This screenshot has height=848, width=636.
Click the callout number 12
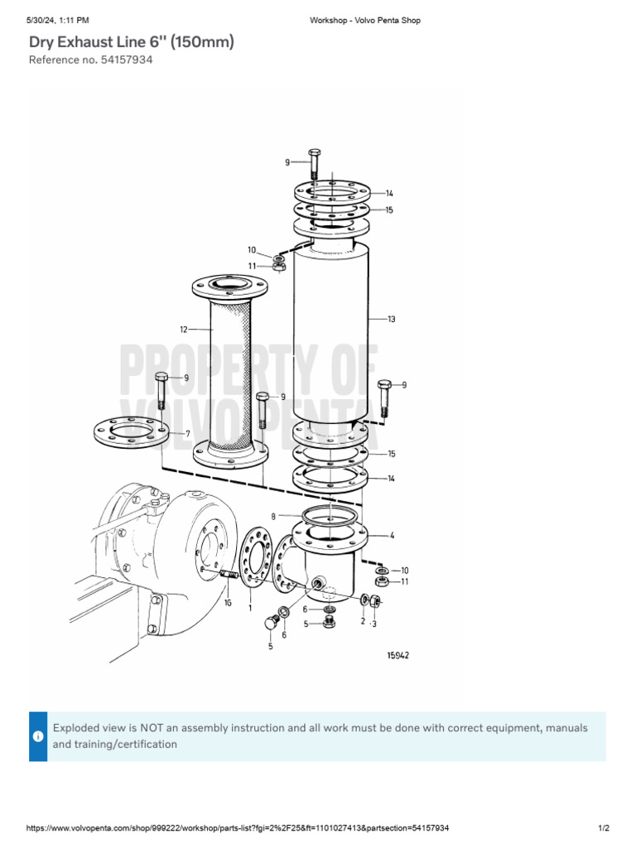pos(183,330)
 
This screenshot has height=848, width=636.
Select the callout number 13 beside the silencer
pos(392,319)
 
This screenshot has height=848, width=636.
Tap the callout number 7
pos(188,433)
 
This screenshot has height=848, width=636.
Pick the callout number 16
pos(228,604)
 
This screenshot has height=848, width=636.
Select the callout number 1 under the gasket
pos(250,607)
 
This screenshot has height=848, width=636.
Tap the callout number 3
pos(374,624)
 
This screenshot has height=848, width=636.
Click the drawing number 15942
pos(397,655)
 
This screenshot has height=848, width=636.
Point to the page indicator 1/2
pos(603,828)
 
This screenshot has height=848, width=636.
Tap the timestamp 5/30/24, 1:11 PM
pos(58,20)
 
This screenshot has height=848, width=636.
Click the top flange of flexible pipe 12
pos(229,287)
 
